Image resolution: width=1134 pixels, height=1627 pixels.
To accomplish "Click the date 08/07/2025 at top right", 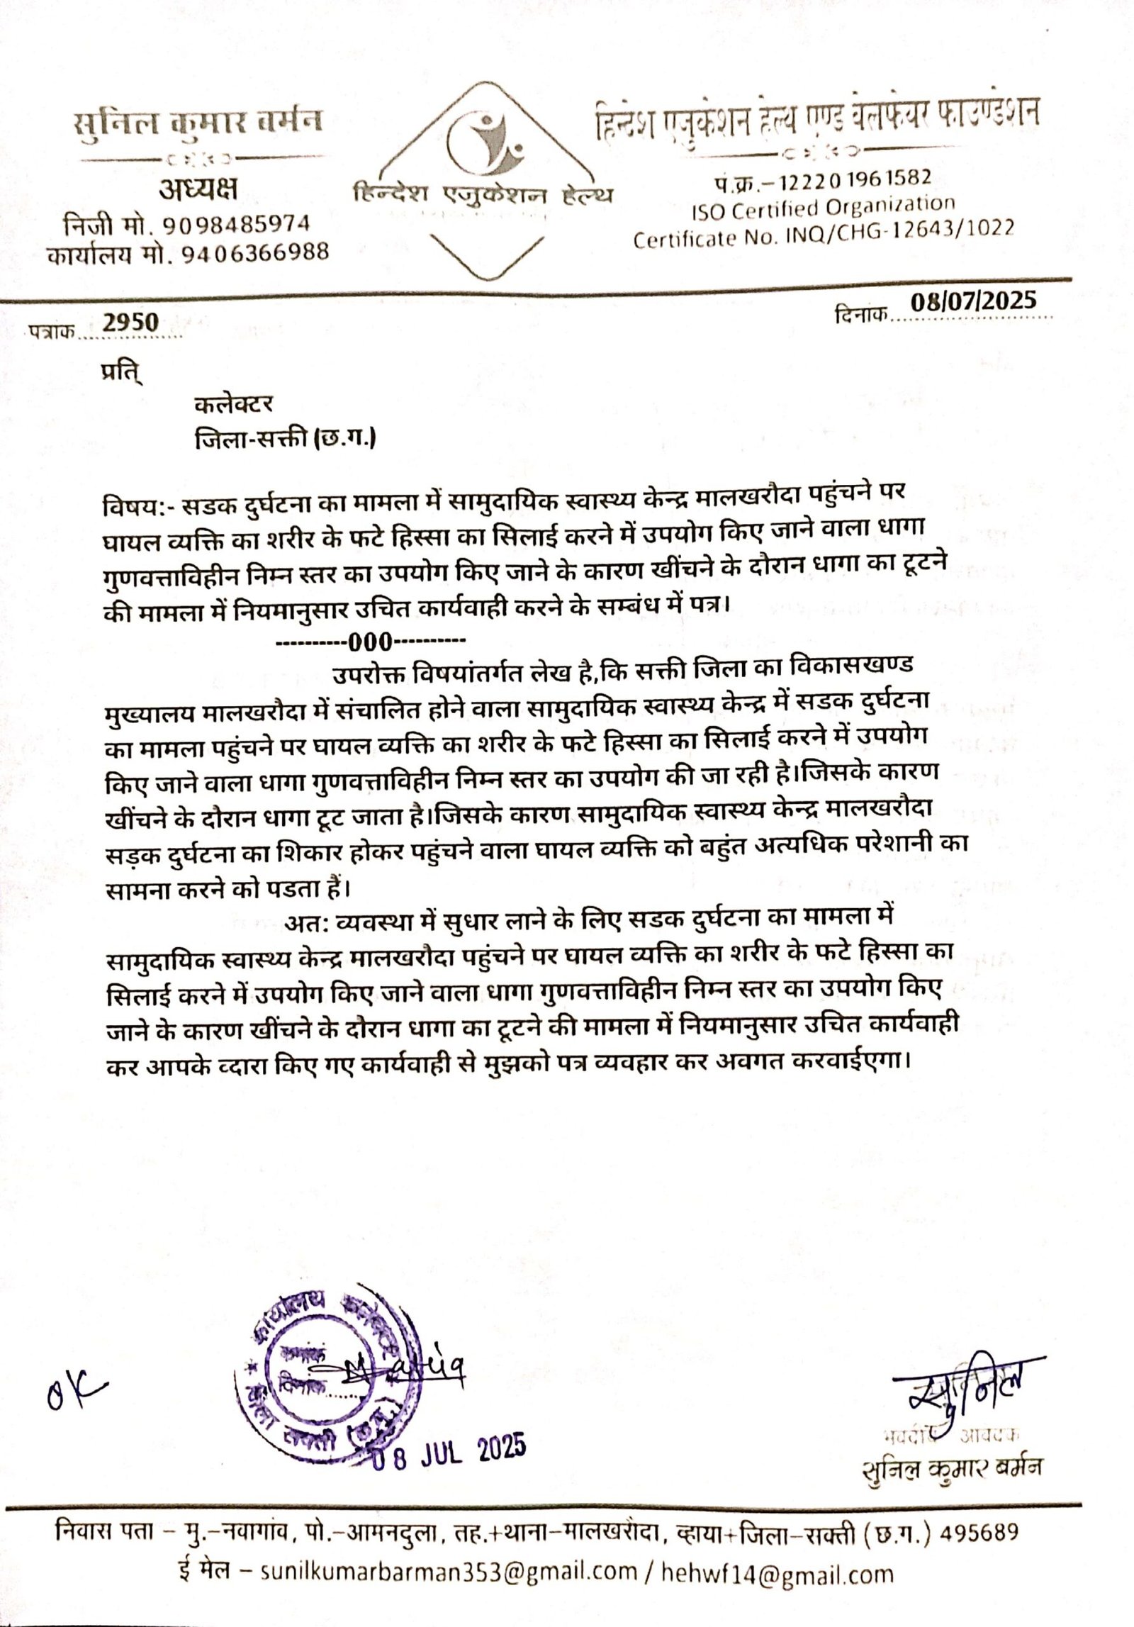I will tap(973, 302).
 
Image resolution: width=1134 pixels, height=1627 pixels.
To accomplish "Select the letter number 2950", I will tap(130, 323).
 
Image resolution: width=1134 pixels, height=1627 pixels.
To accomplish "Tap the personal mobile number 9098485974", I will tap(237, 224).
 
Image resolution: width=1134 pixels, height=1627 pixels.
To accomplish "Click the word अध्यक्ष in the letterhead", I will tap(198, 189).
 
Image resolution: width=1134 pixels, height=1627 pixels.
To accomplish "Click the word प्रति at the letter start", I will tap(121, 372).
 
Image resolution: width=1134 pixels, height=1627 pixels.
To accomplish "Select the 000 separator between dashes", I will tap(370, 642).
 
